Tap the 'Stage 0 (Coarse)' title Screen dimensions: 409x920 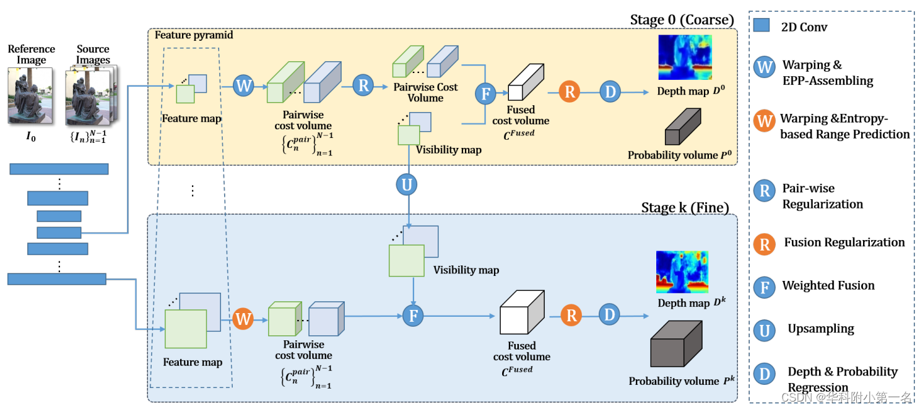tap(682, 19)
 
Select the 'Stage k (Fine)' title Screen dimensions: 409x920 tap(685, 207)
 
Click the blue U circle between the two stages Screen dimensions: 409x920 tap(407, 184)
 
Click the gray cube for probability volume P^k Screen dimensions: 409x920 tap(675, 344)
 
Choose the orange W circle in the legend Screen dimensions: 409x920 tap(765, 121)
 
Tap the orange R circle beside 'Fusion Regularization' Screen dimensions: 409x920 tap(765, 244)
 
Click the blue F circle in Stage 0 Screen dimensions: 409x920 tap(485, 93)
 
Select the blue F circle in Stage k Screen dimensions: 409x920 tap(412, 316)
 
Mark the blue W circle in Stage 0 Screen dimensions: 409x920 tap(243, 85)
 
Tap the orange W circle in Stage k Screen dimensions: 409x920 tap(243, 319)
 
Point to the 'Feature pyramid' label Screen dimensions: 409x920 tap(194, 35)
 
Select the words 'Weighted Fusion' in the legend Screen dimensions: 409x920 tap(828, 285)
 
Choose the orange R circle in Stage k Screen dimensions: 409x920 tap(571, 316)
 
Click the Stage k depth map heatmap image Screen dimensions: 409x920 tap(682, 272)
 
